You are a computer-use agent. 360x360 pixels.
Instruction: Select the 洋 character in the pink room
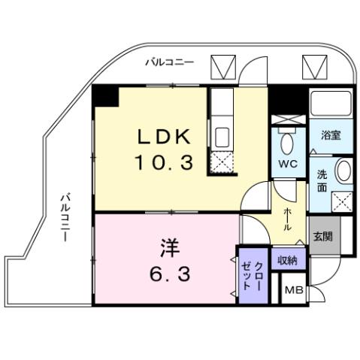click(x=168, y=247)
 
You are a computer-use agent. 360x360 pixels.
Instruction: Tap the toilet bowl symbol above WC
click(x=287, y=143)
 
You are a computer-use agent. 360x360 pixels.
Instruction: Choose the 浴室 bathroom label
click(x=331, y=136)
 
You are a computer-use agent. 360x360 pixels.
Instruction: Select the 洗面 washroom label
click(x=322, y=181)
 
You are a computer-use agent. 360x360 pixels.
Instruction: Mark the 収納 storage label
click(x=287, y=260)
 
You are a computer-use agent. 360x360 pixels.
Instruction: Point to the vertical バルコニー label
click(x=67, y=217)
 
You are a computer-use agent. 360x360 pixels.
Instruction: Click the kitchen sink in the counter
click(x=222, y=138)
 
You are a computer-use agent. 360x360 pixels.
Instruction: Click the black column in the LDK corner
click(x=107, y=96)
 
